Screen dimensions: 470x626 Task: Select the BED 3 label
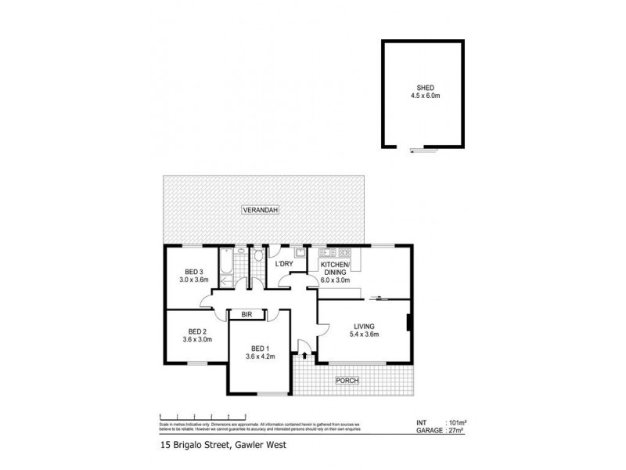pos(186,271)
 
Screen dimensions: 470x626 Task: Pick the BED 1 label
pos(258,349)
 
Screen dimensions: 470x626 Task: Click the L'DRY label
pos(284,264)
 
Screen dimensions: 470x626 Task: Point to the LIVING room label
pos(364,326)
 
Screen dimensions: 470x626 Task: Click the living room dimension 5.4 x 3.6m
pos(364,335)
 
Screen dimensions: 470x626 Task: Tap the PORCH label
pos(347,381)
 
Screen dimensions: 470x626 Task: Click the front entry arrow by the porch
pos(304,356)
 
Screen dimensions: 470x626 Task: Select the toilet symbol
pos(257,255)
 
